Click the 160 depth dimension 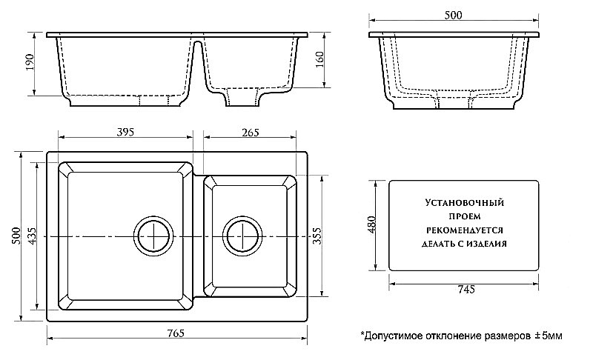320,60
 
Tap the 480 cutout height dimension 373,224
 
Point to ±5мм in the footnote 549,336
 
